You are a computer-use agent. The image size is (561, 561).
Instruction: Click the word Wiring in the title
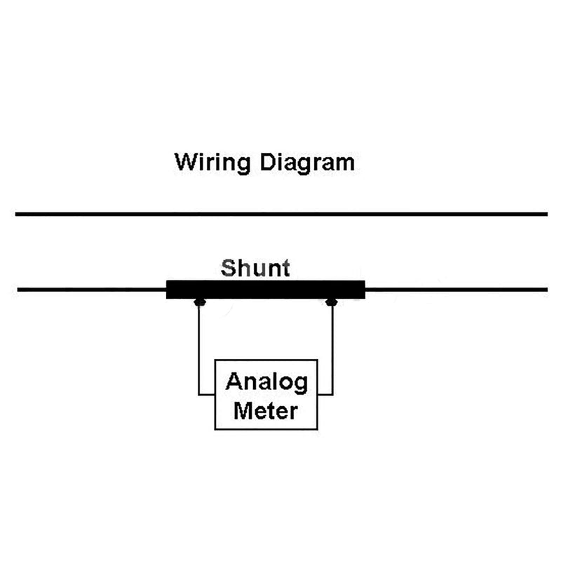[212, 164]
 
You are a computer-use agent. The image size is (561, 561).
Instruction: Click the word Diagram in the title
[307, 164]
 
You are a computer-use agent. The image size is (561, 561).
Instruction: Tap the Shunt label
[255, 268]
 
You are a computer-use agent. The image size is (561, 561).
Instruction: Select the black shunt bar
[266, 290]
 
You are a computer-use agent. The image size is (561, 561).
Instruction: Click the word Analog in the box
[266, 384]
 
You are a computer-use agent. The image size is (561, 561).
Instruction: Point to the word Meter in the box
[266, 411]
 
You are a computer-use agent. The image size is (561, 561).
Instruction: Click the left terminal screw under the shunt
[200, 302]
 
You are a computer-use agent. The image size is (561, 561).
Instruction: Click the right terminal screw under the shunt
[332, 302]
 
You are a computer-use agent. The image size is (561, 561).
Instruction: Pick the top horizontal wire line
[281, 214]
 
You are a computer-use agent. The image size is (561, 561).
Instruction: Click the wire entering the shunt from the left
[92, 290]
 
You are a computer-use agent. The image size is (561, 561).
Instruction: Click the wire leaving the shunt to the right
[457, 290]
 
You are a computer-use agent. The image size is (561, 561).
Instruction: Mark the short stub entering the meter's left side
[206, 395]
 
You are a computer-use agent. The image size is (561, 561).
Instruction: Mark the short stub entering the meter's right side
[325, 395]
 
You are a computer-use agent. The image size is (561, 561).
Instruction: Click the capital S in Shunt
[228, 268]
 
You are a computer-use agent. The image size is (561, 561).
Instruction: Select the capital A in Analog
[234, 381]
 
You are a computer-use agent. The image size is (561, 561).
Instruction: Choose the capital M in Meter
[243, 411]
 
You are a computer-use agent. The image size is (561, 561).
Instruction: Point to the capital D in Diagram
[268, 162]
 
